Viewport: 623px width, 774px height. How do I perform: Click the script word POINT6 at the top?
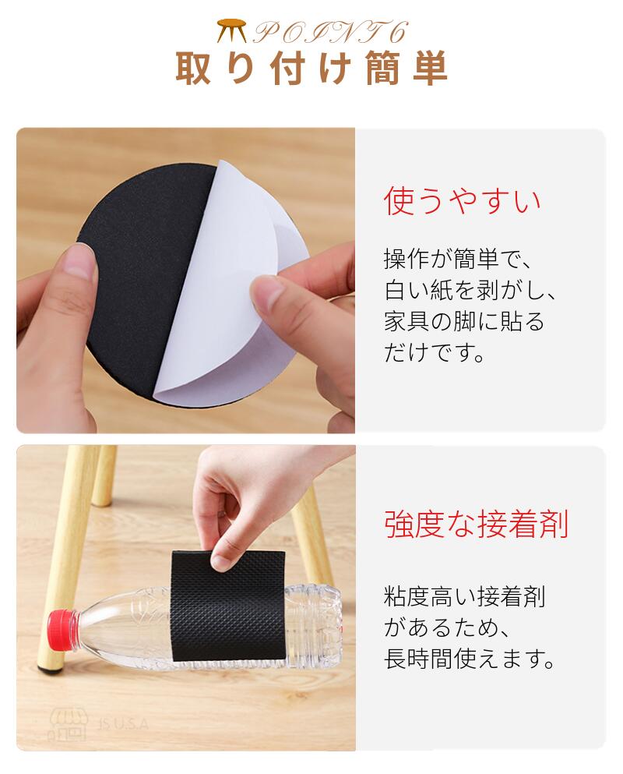330,33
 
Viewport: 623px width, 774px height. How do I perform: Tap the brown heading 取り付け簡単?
311,68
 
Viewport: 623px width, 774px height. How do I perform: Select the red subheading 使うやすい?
463,201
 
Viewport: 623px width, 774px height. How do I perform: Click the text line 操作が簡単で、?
458,259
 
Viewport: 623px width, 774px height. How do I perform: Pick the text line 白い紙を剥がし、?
470,290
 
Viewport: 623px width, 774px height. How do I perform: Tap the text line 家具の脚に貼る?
464,321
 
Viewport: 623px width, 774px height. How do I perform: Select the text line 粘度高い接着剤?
464,596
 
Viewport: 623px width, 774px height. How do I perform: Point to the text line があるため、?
446,627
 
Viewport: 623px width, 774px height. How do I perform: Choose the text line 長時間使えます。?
470,659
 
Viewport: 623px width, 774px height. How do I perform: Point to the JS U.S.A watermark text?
123,725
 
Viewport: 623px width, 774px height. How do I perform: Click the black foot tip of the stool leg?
51,670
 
